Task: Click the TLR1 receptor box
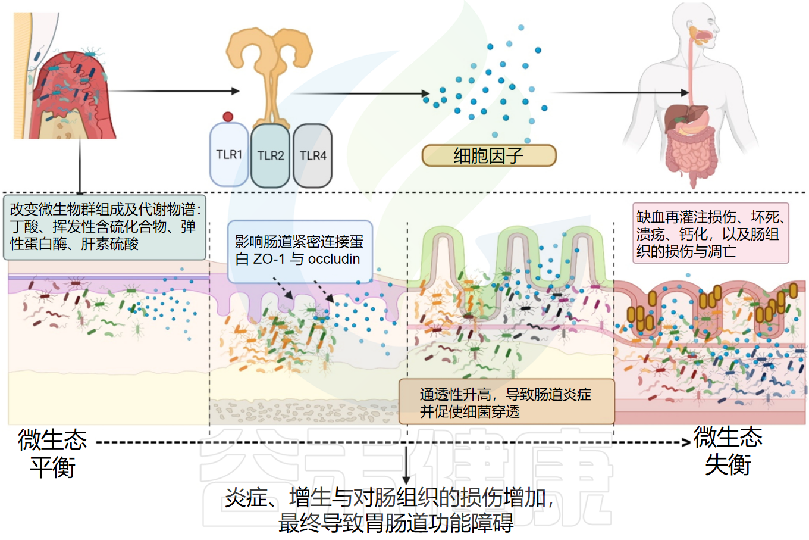[229, 155]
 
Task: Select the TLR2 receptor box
[271, 156]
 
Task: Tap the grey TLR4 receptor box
[313, 156]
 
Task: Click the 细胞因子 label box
[488, 156]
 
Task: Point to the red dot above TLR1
[228, 117]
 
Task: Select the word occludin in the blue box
[334, 259]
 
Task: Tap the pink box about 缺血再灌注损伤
[710, 234]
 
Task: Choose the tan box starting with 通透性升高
[506, 402]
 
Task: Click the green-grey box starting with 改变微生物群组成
[105, 227]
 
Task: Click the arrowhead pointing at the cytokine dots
[425, 93]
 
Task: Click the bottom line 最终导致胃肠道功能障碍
[396, 523]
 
